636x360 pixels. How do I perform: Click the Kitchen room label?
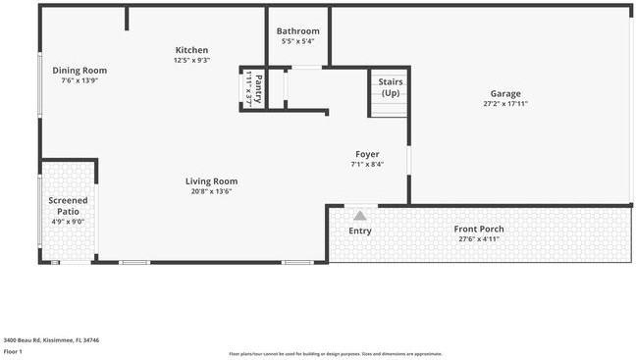[191, 50]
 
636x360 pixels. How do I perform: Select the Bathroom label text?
[297, 31]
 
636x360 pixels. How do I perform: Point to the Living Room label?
[211, 181]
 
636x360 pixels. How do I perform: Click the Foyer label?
[367, 154]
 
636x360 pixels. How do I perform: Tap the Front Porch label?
[479, 229]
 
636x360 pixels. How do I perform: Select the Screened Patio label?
[68, 205]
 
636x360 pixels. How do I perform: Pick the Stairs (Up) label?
[391, 87]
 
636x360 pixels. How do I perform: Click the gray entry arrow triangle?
[360, 216]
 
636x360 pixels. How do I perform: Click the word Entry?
[360, 231]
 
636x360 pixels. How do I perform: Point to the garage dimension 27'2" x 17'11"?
[505, 104]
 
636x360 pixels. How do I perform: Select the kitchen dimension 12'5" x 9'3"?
[191, 61]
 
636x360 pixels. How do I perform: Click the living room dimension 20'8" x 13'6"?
[211, 192]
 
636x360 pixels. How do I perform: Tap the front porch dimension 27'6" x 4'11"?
[479, 238]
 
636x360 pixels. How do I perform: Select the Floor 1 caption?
[13, 351]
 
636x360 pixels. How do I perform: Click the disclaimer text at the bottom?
[335, 354]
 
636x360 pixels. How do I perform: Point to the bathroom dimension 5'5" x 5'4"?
[297, 41]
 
